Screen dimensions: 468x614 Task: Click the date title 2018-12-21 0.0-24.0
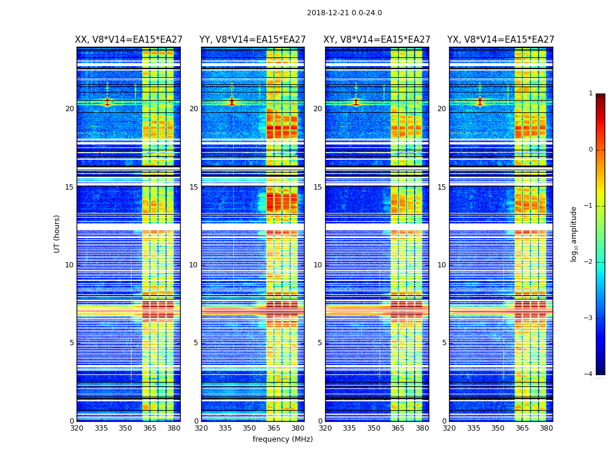(x=344, y=13)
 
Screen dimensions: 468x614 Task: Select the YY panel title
(x=253, y=40)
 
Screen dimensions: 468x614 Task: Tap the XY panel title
(x=377, y=40)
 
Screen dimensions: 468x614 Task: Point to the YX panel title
(x=501, y=40)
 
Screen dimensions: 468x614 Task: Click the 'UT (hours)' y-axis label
(x=57, y=233)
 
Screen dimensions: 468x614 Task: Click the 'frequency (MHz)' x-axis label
(x=282, y=439)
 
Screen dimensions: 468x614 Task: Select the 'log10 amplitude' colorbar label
(x=574, y=233)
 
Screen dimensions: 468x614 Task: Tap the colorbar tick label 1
(x=590, y=94)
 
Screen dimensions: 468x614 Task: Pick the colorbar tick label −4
(x=589, y=374)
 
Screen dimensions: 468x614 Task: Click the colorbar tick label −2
(x=589, y=262)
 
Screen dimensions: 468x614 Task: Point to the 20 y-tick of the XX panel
(x=70, y=109)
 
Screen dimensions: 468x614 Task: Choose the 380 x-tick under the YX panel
(x=546, y=428)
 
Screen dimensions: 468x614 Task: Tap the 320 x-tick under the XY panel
(x=325, y=428)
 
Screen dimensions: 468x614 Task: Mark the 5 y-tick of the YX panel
(x=444, y=343)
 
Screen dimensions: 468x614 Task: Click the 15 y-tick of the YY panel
(x=194, y=187)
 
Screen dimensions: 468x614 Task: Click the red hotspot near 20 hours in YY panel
(x=232, y=102)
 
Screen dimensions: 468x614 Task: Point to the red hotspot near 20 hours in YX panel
(x=480, y=102)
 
